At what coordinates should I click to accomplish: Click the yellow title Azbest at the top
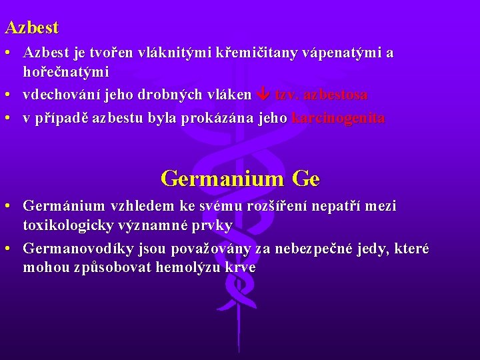[32, 28]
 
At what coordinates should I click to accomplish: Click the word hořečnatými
[66, 71]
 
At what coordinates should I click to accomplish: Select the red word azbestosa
[335, 95]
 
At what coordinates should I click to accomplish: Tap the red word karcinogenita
[338, 119]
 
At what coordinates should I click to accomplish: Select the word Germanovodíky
[73, 249]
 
